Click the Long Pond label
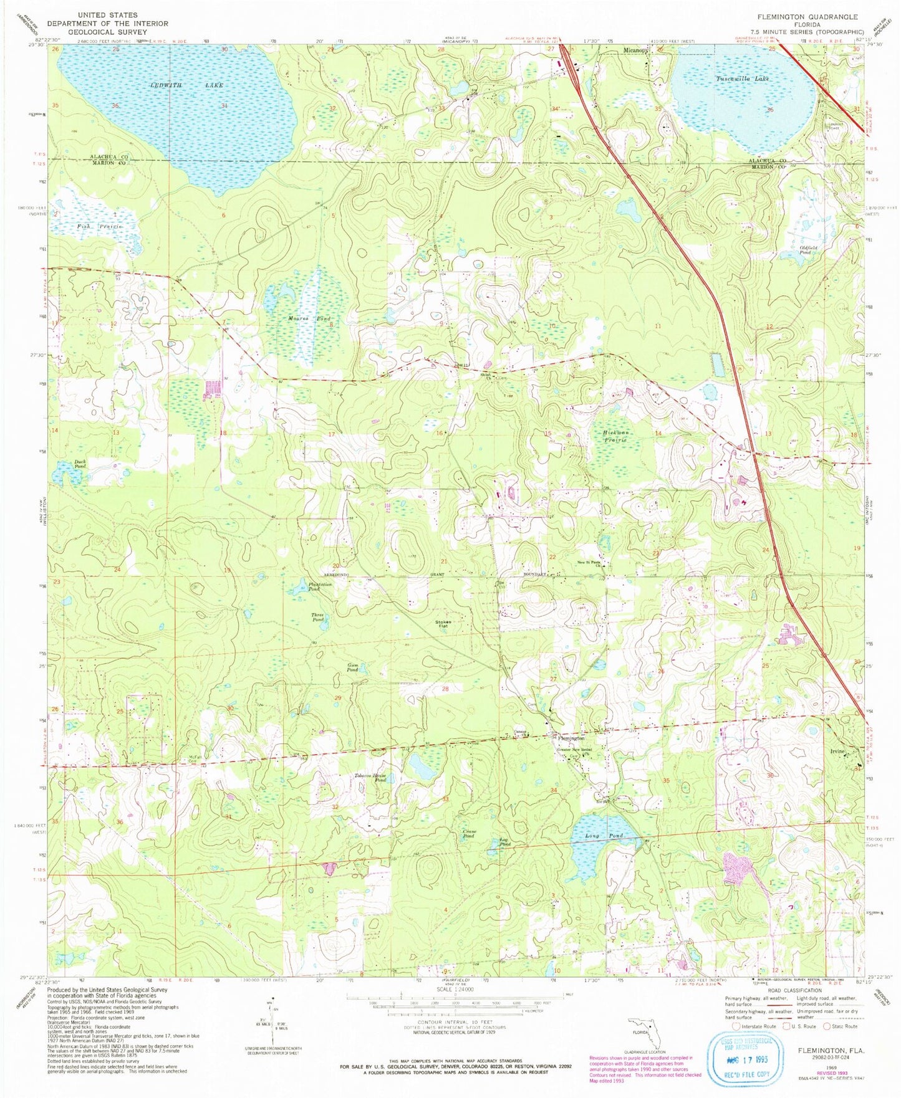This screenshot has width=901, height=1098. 597,836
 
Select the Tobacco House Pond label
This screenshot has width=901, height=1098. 372,778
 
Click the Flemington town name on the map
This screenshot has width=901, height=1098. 567,738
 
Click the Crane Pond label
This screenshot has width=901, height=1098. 469,834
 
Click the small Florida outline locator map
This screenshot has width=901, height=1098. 643,1033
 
